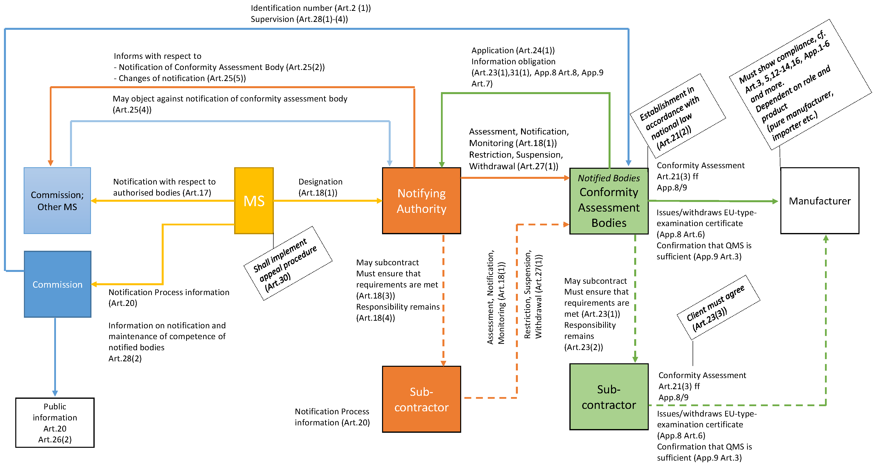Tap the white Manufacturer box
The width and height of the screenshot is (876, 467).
(819, 200)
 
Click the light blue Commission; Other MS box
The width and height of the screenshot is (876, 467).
(57, 200)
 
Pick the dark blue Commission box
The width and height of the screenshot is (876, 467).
(57, 284)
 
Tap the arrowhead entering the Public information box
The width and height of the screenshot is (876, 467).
(55, 394)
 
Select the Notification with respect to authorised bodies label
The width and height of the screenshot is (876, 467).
(164, 187)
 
